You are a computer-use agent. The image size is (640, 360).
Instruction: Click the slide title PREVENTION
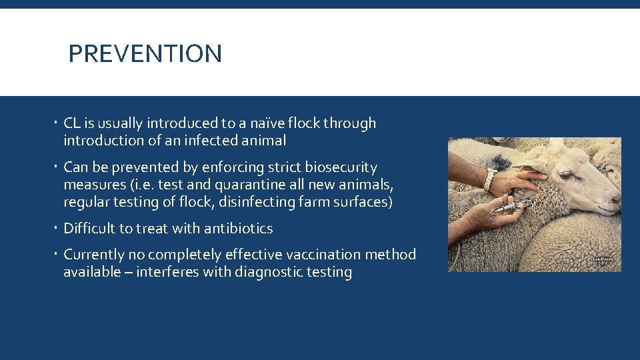[145, 53]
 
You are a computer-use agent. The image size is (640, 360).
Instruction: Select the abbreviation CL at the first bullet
[72, 123]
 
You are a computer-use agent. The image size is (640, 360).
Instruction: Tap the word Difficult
[89, 229]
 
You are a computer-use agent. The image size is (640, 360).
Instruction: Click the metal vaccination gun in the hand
[510, 208]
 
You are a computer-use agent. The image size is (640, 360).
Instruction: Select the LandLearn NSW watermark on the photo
[603, 261]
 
